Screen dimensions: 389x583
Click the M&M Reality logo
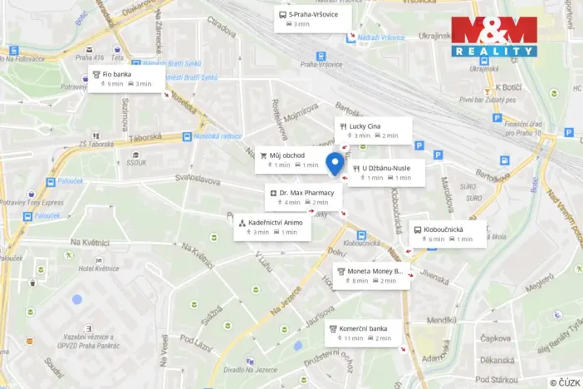click(494, 37)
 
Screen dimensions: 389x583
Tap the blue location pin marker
click(335, 164)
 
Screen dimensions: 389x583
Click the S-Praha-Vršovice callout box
click(312, 19)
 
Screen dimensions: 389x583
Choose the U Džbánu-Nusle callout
click(387, 173)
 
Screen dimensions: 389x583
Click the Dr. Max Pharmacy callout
click(300, 197)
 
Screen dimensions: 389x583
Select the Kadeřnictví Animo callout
click(272, 227)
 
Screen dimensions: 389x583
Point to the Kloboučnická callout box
click(448, 234)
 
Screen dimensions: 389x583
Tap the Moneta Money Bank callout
click(370, 276)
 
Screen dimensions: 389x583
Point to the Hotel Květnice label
click(99, 268)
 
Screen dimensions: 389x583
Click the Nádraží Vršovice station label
click(381, 37)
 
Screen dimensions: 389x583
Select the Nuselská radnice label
click(218, 135)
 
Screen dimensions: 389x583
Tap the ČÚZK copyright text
click(565, 382)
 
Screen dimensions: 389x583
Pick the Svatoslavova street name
click(198, 180)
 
